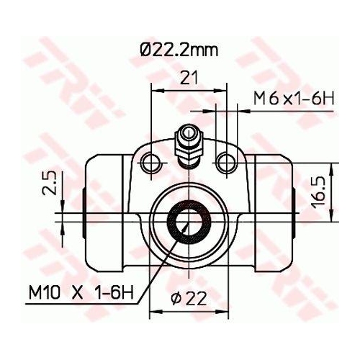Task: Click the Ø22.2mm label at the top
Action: tap(178, 51)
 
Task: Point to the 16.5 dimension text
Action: tap(318, 191)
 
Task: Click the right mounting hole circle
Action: tap(228, 159)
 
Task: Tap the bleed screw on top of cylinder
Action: tap(189, 143)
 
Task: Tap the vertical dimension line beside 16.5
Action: tap(333, 191)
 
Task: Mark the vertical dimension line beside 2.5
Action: tap(63, 194)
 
